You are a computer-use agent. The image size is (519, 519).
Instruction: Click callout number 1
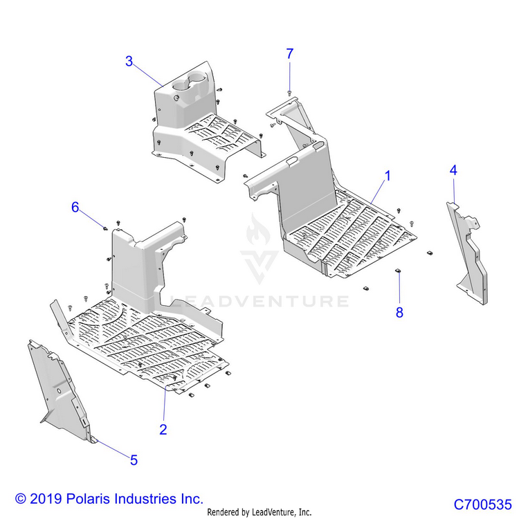388,176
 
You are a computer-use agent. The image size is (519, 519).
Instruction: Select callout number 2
163,429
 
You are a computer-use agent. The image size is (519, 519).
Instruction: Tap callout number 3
129,61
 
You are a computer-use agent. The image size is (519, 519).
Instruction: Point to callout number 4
453,170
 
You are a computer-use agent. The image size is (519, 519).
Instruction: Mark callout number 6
75,206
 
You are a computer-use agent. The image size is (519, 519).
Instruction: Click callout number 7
290,53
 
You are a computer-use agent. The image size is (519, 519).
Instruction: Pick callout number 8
399,312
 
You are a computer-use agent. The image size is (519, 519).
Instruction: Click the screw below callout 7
289,91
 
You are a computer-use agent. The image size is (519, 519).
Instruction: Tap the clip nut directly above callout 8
399,270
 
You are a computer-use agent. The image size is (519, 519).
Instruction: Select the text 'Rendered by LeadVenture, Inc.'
259,512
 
